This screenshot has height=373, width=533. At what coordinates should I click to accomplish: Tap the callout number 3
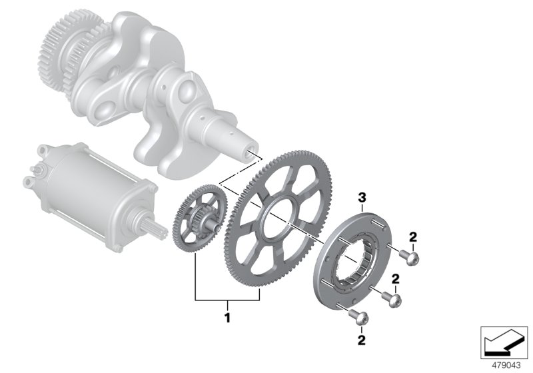(362, 197)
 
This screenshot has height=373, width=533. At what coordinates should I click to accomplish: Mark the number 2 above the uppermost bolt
(413, 236)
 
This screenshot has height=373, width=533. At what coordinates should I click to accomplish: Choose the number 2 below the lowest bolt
(362, 340)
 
